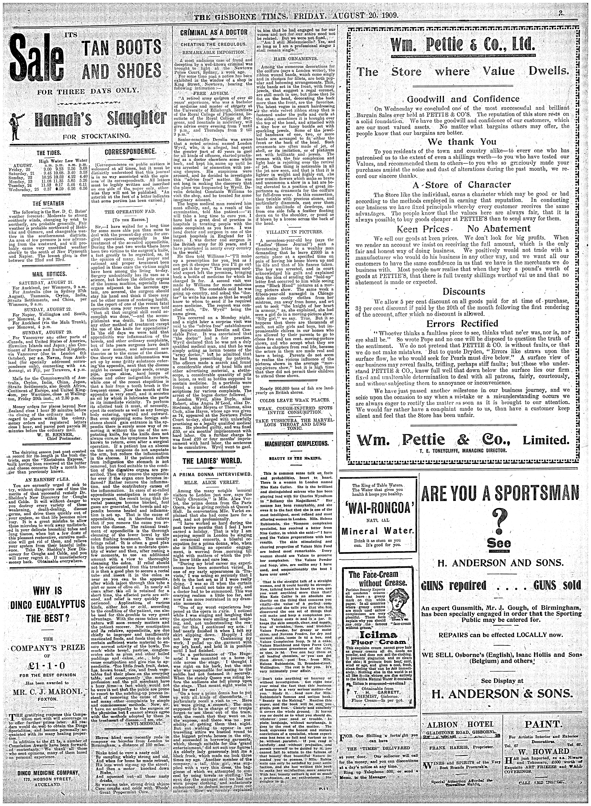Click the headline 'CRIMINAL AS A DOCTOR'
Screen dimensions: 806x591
point(214,33)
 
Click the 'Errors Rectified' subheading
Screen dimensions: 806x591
point(462,323)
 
